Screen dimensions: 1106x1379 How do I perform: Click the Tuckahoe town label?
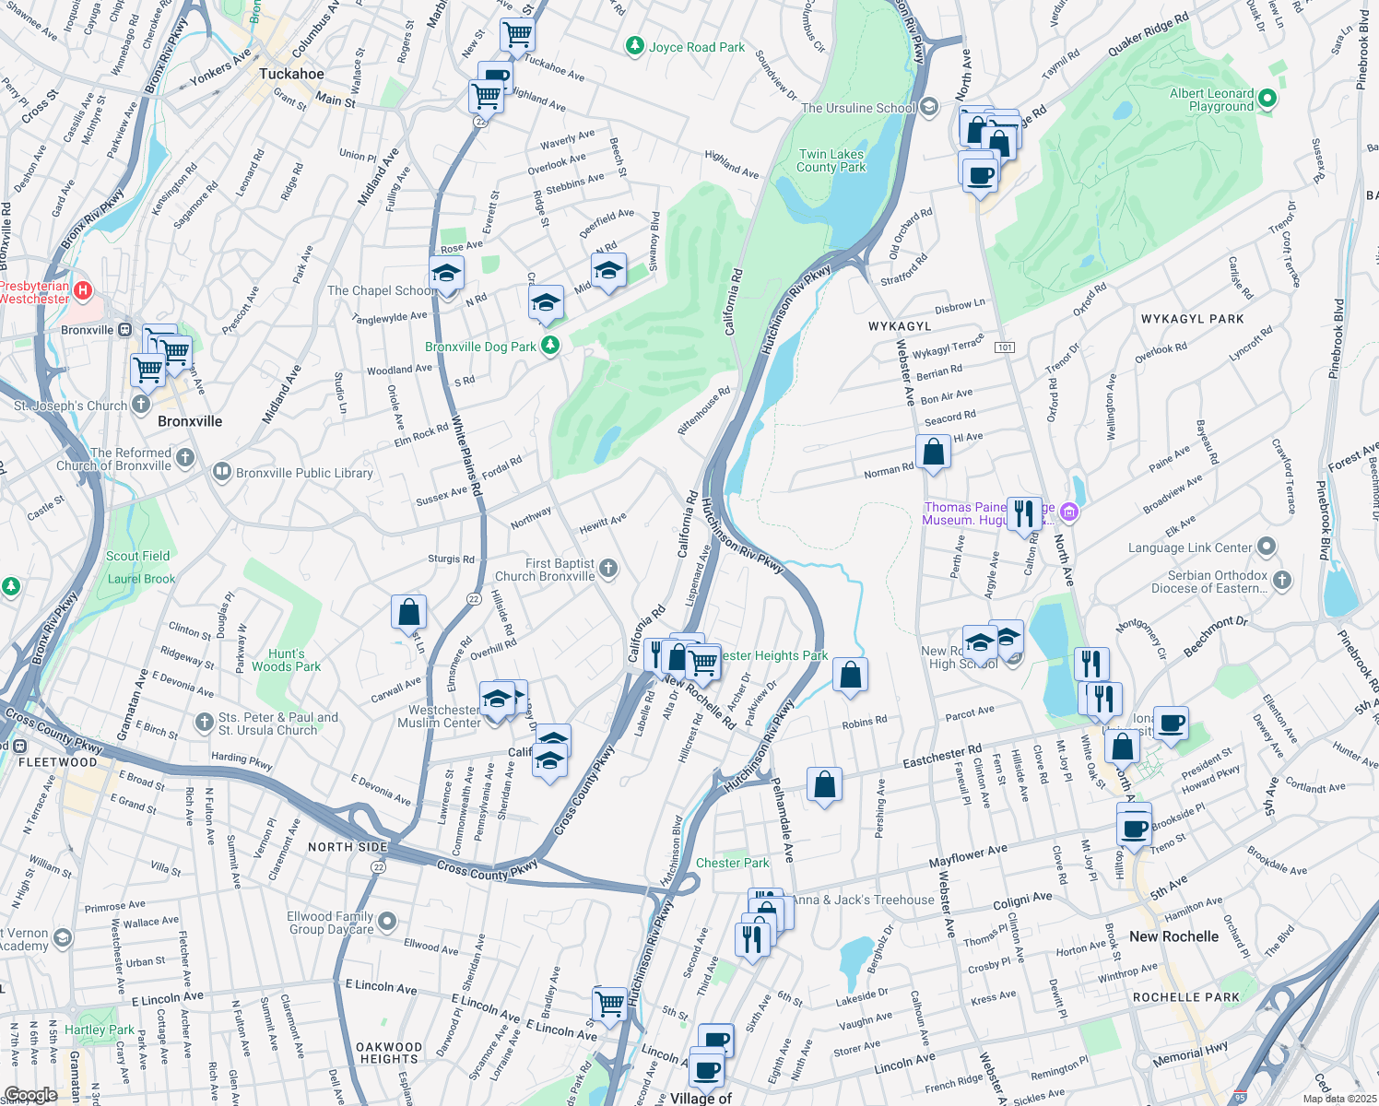(291, 74)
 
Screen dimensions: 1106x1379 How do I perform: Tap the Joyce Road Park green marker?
(634, 46)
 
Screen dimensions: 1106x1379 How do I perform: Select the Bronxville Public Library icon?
(221, 473)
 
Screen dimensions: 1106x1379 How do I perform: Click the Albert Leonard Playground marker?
(1267, 98)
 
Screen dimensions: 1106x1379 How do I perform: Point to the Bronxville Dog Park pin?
(550, 346)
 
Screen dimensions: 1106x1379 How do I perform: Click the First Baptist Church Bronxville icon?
(608, 569)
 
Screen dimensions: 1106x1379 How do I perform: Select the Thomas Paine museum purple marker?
(1069, 512)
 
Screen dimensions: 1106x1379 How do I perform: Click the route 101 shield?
(1005, 347)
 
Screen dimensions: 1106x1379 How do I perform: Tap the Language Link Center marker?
(1267, 547)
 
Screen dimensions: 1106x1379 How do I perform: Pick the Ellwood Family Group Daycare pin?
(387, 922)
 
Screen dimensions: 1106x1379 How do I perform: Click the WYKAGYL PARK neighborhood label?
(1192, 319)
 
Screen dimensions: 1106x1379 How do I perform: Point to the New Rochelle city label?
(1173, 936)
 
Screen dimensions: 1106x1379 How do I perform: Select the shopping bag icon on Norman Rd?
(933, 453)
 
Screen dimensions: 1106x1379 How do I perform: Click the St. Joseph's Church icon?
(141, 404)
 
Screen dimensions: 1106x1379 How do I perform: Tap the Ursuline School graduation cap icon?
(928, 107)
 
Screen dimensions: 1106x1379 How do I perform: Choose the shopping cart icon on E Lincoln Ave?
(610, 1003)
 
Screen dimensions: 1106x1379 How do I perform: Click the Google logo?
(30, 1095)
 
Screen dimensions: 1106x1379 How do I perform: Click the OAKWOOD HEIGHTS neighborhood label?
(389, 1053)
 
